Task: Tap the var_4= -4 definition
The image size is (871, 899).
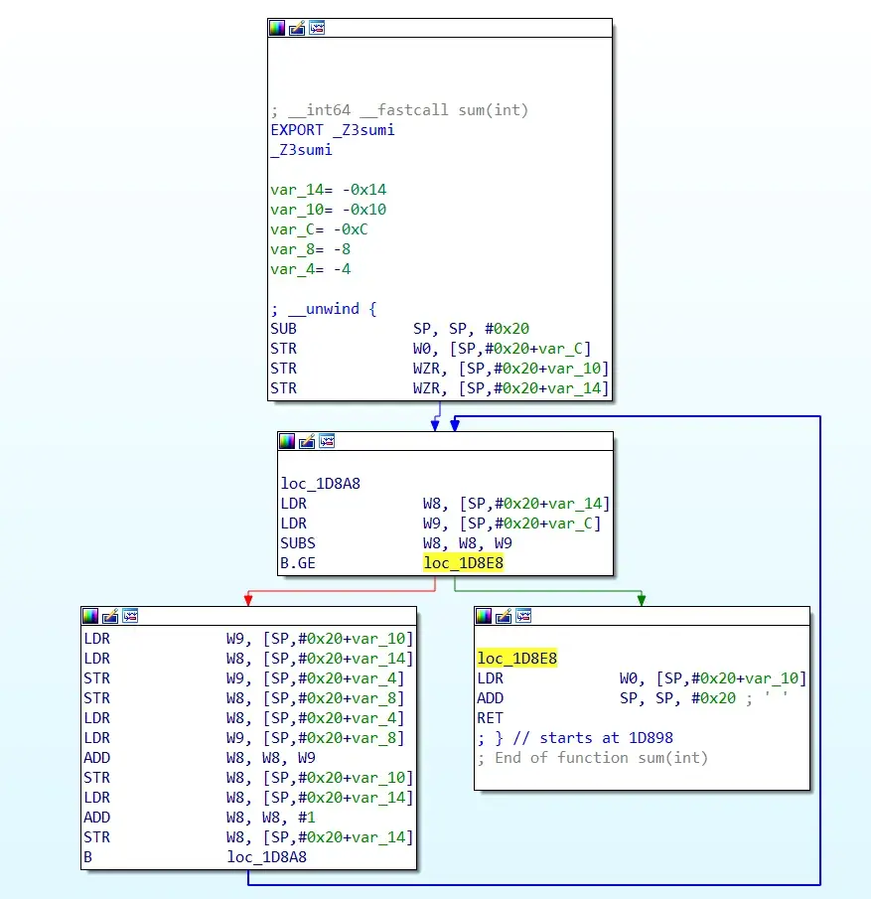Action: pyautogui.click(x=310, y=269)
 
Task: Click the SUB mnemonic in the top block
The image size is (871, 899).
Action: pyautogui.click(x=283, y=329)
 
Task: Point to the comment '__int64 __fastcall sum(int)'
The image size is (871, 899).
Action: pyautogui.click(x=399, y=110)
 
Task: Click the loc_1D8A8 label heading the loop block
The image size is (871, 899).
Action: pyautogui.click(x=320, y=484)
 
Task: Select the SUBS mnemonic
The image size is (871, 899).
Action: pyautogui.click(x=298, y=543)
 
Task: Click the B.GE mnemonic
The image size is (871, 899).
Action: pyautogui.click(x=298, y=563)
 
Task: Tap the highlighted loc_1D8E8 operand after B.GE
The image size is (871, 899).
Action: pyautogui.click(x=463, y=563)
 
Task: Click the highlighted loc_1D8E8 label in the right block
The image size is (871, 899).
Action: pyautogui.click(x=516, y=659)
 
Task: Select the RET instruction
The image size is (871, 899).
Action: pyautogui.click(x=490, y=718)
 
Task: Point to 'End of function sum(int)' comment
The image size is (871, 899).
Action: pyautogui.click(x=601, y=758)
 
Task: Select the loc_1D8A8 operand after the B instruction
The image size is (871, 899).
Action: pyautogui.click(x=266, y=857)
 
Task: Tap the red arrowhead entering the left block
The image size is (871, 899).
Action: pyautogui.click(x=246, y=599)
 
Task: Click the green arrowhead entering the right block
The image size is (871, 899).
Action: pyautogui.click(x=642, y=599)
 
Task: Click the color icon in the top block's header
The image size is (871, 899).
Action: pyautogui.click(x=277, y=28)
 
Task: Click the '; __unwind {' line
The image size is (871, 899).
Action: pyautogui.click(x=324, y=309)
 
